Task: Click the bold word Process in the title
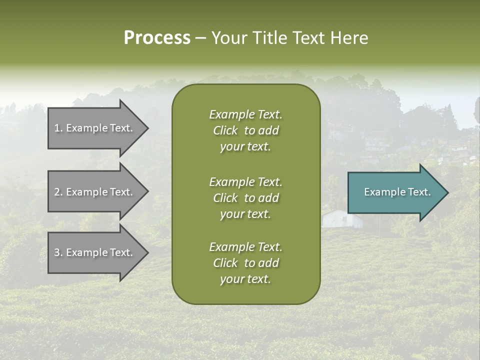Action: [157, 38]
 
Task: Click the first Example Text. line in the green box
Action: [245, 114]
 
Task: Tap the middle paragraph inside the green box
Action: [245, 198]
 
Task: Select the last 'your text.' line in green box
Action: [245, 279]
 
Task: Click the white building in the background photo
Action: [336, 218]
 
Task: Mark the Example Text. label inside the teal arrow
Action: [397, 192]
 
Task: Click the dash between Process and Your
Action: [200, 38]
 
